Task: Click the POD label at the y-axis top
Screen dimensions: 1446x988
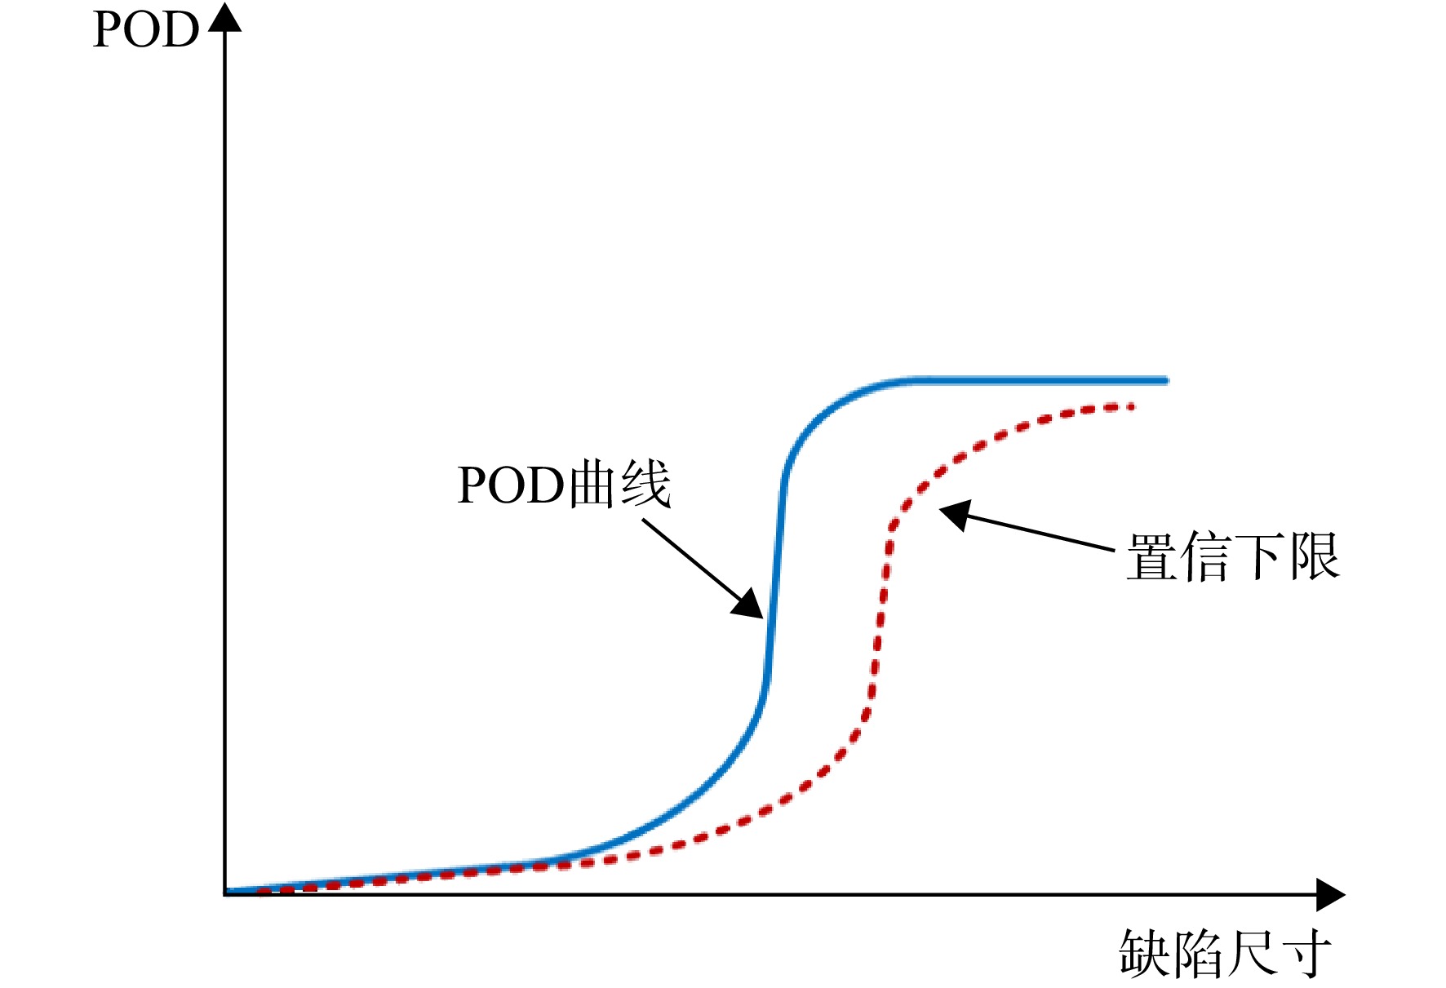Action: click(146, 30)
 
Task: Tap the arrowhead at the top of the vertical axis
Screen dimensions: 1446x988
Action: click(224, 18)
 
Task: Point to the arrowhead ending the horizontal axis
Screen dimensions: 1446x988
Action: click(1330, 895)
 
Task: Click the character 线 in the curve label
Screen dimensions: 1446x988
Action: click(645, 485)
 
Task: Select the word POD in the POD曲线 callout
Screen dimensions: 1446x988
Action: click(511, 485)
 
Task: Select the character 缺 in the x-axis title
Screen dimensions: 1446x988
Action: click(1145, 953)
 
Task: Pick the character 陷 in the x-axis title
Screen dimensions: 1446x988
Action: click(1198, 953)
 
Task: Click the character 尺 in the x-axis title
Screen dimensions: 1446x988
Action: click(1252, 953)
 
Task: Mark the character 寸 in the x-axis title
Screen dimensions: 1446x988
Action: click(1305, 953)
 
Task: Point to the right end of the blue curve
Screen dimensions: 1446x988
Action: click(1167, 380)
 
